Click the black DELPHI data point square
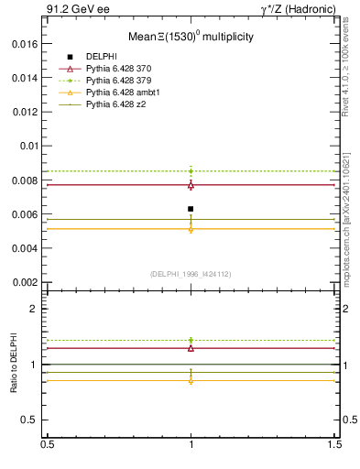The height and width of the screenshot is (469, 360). coord(191,209)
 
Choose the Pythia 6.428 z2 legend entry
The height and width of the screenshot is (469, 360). coord(115,104)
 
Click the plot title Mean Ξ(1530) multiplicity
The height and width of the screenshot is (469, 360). coord(191,38)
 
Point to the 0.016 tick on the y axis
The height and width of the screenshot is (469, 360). coord(26,43)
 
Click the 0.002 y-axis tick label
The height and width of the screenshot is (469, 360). coord(26,282)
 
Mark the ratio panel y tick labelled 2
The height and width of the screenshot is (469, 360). coord(36,309)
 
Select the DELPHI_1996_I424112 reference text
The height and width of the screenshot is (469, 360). coord(191,273)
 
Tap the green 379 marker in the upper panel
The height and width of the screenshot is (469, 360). coord(191,170)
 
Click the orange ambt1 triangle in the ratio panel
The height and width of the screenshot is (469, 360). coord(191,379)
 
